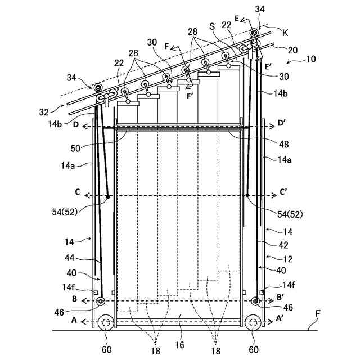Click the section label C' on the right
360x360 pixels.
point(283,191)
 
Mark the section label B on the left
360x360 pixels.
point(75,299)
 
